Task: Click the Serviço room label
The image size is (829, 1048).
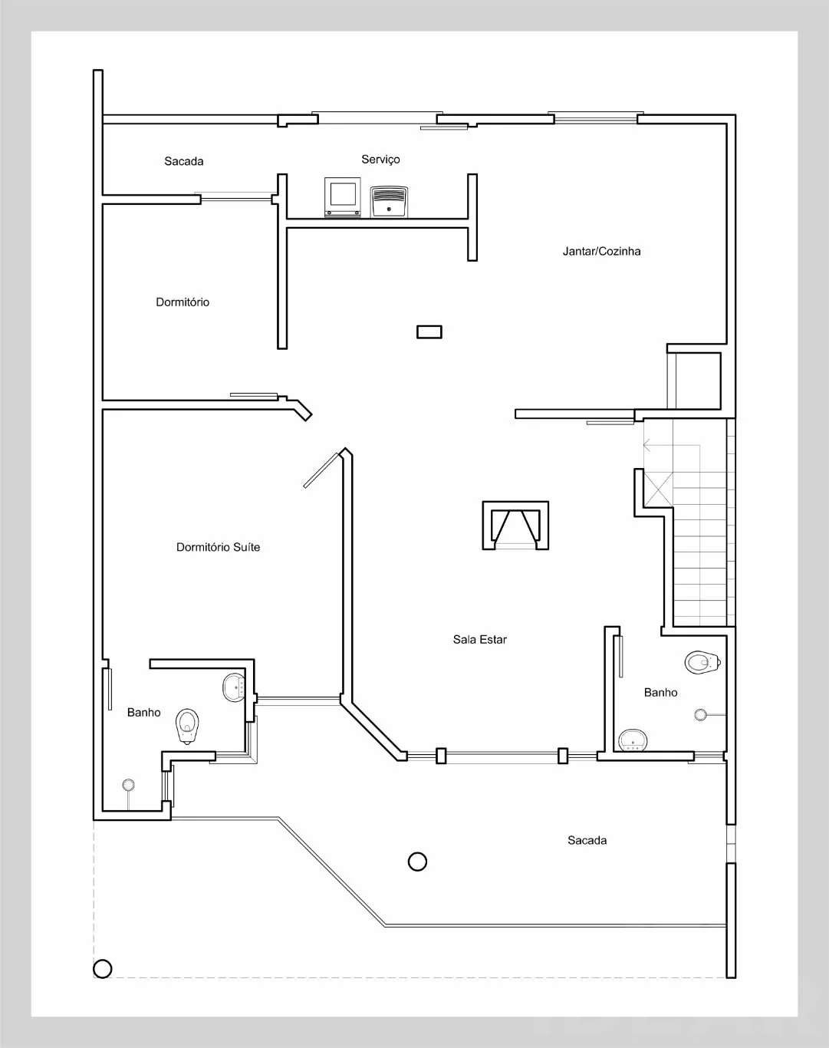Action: point(380,160)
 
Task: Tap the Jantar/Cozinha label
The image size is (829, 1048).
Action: point(602,252)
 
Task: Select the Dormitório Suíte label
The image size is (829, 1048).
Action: point(218,547)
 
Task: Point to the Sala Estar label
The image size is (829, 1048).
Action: point(480,639)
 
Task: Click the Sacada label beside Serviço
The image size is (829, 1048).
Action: point(183,161)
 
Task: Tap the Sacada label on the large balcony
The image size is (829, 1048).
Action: point(587,840)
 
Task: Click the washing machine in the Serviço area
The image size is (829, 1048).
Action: point(343,196)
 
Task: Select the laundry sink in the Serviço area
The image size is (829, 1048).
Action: point(389,201)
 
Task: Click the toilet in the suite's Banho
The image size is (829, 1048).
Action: point(187,726)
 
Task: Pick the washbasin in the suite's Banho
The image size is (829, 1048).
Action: point(235,687)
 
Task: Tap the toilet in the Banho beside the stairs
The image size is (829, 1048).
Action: point(702,662)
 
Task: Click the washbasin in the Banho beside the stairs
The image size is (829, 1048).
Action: point(633,740)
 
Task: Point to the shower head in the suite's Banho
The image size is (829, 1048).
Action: point(129,785)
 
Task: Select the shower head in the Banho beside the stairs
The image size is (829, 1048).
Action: point(700,714)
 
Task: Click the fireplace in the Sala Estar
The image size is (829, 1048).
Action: point(515,526)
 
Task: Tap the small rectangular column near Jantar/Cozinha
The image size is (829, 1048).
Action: point(429,331)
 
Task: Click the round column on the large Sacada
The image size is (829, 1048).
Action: point(417,862)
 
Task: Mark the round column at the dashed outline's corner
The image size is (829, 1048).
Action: point(102,969)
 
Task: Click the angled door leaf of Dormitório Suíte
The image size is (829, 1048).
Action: point(321,470)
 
